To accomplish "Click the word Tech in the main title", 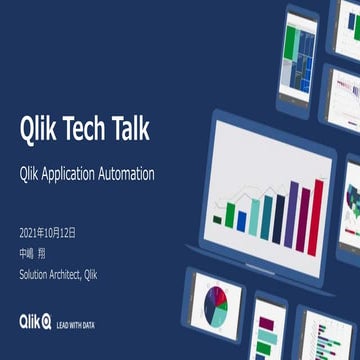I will (x=90, y=129).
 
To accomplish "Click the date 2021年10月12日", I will (x=48, y=233).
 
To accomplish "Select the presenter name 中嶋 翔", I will (x=33, y=253).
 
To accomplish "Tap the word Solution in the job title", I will (x=38, y=273).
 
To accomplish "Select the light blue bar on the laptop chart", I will (x=257, y=217).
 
